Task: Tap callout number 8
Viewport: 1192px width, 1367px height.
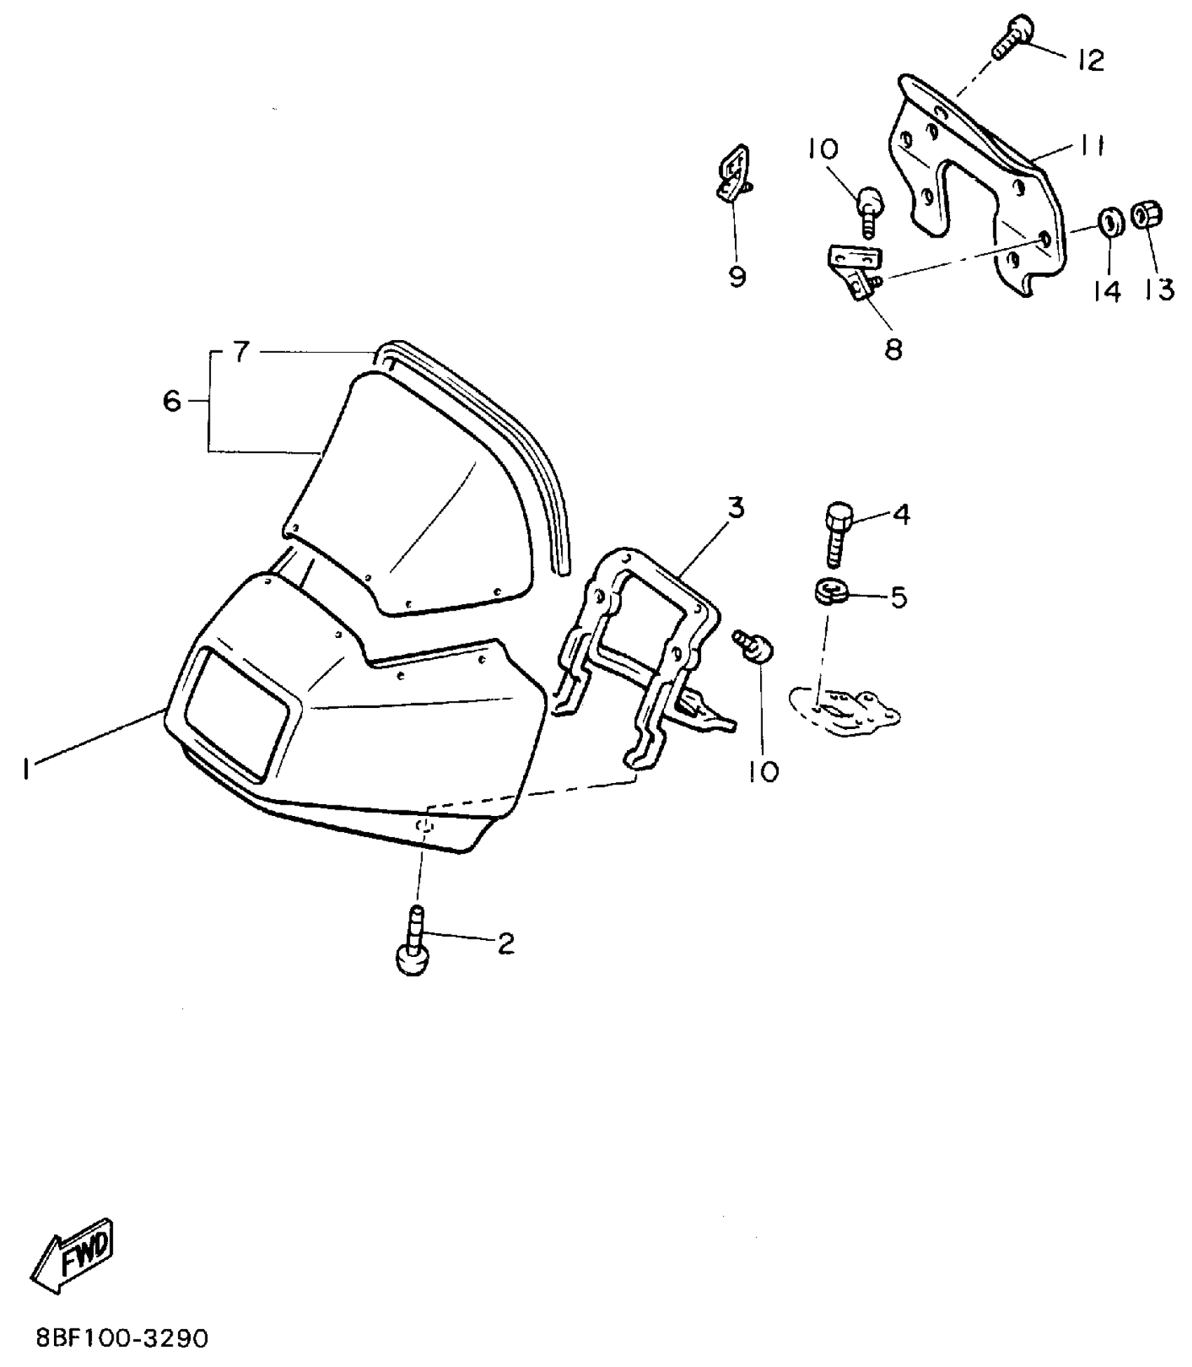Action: [893, 348]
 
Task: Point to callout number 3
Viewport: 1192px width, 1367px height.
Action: [735, 508]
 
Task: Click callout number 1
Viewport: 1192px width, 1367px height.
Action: [25, 769]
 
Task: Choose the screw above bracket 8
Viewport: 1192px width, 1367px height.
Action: [869, 209]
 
